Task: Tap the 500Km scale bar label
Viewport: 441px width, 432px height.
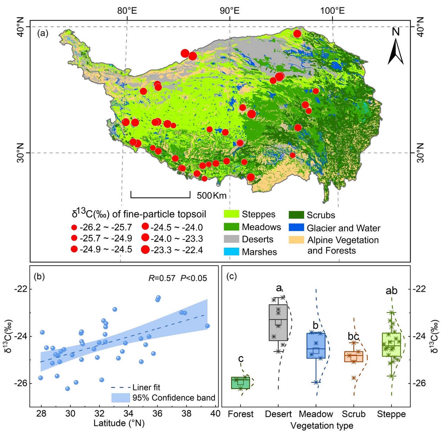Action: click(211, 195)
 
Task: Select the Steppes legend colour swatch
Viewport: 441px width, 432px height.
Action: click(231, 214)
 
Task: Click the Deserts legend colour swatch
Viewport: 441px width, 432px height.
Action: click(231, 239)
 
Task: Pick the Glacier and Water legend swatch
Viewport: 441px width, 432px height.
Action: click(296, 227)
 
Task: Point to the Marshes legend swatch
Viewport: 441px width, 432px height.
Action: click(231, 252)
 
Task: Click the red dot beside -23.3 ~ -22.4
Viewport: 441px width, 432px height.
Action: click(145, 250)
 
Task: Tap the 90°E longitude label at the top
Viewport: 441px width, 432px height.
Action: click(230, 11)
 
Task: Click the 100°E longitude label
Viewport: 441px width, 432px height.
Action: click(332, 11)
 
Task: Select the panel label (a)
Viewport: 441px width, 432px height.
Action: click(42, 34)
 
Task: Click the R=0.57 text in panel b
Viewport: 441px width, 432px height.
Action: click(162, 278)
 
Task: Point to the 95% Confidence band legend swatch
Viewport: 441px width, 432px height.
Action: click(120, 398)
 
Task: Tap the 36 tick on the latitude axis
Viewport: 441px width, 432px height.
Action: click(157, 413)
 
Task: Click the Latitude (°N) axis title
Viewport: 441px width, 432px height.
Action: click(119, 423)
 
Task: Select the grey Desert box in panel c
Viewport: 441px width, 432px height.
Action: click(278, 323)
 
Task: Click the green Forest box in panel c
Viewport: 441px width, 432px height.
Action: click(241, 383)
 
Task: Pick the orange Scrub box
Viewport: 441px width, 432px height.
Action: click(354, 356)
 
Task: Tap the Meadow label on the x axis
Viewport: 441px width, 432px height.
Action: click(316, 414)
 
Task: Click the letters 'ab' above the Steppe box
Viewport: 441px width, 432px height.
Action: click(391, 291)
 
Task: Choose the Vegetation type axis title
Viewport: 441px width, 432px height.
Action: click(322, 426)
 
